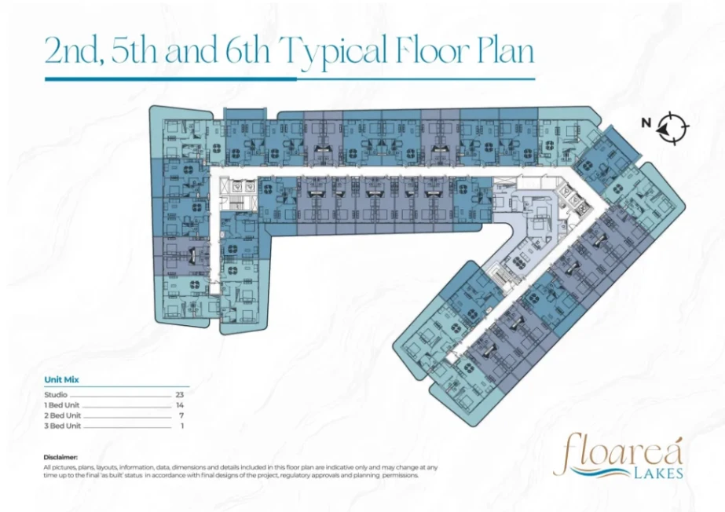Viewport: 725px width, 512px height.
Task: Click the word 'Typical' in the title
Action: click(x=335, y=52)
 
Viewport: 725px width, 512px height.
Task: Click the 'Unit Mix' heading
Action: click(x=61, y=379)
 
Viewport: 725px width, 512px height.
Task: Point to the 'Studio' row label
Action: click(x=56, y=395)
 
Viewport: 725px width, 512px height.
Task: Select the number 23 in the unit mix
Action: click(x=179, y=395)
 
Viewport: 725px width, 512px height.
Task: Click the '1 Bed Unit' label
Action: click(x=62, y=404)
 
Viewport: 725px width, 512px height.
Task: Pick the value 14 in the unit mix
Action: click(x=180, y=404)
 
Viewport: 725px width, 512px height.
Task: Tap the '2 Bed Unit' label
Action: click(x=62, y=415)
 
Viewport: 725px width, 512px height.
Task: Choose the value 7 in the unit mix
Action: click(x=181, y=415)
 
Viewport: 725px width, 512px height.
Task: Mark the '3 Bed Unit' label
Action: click(x=62, y=426)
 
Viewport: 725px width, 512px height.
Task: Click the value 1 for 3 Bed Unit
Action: click(x=182, y=426)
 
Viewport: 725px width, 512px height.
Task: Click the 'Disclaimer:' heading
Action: click(x=60, y=458)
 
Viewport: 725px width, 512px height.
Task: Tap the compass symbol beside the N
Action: click(x=672, y=127)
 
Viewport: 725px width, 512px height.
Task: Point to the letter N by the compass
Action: click(x=646, y=123)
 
